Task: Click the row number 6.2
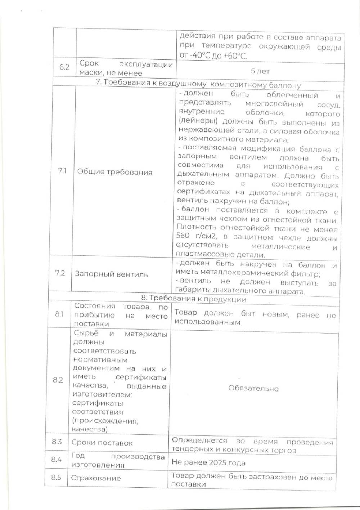coord(64,67)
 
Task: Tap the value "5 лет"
coord(260,71)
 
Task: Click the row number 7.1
coord(62,171)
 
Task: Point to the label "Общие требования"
coord(115,172)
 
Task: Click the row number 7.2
coord(60,273)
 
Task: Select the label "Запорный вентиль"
coord(111,274)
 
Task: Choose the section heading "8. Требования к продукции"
coord(194,299)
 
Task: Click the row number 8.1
coord(59,314)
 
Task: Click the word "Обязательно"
coord(253,388)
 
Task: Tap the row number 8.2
coord(58,380)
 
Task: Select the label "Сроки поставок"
coord(102,443)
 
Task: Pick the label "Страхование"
coord(96,478)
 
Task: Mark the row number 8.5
coord(56,478)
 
